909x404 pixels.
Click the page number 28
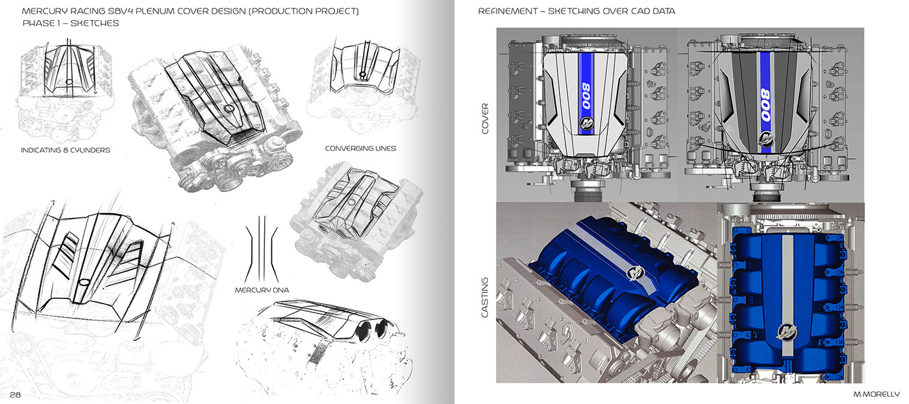[16, 395]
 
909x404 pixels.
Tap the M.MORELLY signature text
[877, 394]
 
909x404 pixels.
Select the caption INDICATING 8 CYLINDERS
[66, 150]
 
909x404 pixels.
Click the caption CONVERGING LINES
[360, 149]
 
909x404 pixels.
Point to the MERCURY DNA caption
[262, 290]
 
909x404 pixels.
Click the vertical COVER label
[485, 118]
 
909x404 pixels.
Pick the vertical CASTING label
[485, 298]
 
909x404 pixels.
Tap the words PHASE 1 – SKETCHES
[71, 23]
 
